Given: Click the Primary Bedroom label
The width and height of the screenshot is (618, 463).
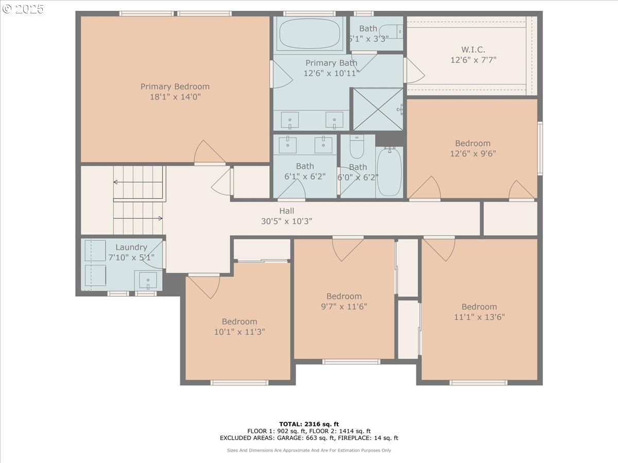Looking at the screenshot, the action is [175, 86].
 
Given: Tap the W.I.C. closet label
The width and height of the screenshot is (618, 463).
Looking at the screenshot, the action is [473, 50].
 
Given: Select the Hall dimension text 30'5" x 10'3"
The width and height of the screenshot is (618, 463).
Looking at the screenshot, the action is [286, 221].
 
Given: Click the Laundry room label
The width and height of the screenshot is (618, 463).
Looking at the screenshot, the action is [131, 247].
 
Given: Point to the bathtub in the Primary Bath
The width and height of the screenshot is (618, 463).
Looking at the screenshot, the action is [310, 34].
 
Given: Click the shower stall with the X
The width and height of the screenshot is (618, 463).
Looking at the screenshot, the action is [378, 109].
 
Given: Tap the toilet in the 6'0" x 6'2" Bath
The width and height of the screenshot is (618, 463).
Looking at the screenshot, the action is [357, 146].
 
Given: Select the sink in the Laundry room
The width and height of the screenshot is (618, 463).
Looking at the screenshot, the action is [148, 280].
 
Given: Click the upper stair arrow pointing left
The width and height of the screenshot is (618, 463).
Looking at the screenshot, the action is [138, 182].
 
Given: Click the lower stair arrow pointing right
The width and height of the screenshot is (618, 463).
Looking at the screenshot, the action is [138, 218].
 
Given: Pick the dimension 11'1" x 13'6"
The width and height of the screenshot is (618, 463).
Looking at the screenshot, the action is [479, 317].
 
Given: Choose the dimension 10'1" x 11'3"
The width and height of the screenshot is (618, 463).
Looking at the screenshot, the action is [239, 332].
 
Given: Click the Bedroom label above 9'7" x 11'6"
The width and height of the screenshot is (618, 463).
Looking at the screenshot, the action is [344, 296].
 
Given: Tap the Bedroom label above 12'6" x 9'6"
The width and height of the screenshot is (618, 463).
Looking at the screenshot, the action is [473, 143].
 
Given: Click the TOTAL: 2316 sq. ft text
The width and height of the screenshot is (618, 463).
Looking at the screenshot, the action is [309, 424].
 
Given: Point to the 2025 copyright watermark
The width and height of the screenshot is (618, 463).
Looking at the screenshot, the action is [23, 9].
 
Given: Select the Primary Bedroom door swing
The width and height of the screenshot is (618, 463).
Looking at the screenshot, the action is [210, 152].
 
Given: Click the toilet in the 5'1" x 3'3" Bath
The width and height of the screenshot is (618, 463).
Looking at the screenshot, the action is [391, 31].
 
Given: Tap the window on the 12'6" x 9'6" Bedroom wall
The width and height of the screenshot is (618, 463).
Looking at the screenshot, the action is [540, 149].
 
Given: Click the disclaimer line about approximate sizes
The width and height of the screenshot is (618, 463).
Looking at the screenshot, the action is [309, 450].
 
